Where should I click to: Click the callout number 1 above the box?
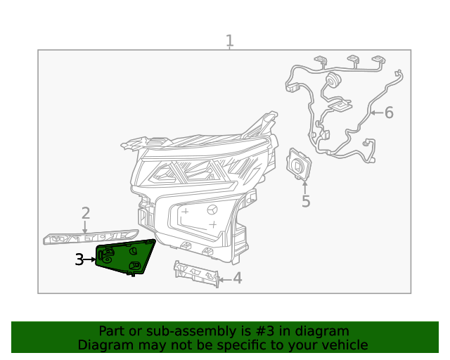pyautogui.click(x=230, y=41)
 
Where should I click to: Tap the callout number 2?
pyautogui.click(x=86, y=213)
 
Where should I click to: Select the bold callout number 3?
pyautogui.click(x=79, y=259)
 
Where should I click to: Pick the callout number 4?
pyautogui.click(x=238, y=278)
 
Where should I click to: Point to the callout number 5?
pyautogui.click(x=306, y=201)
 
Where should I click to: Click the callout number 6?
pyautogui.click(x=389, y=112)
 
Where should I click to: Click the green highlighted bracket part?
pyautogui.click(x=125, y=257)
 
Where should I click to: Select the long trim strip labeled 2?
pyautogui.click(x=91, y=237)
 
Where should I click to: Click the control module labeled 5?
pyautogui.click(x=299, y=165)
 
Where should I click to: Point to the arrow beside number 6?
pyautogui.click(x=377, y=112)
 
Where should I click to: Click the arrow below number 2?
pyautogui.click(x=84, y=227)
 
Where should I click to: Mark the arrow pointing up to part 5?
pyautogui.click(x=304, y=187)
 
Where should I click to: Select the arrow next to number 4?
pyautogui.click(x=225, y=279)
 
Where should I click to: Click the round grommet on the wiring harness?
pyautogui.click(x=333, y=79)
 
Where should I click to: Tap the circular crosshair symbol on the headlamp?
pyautogui.click(x=212, y=210)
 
